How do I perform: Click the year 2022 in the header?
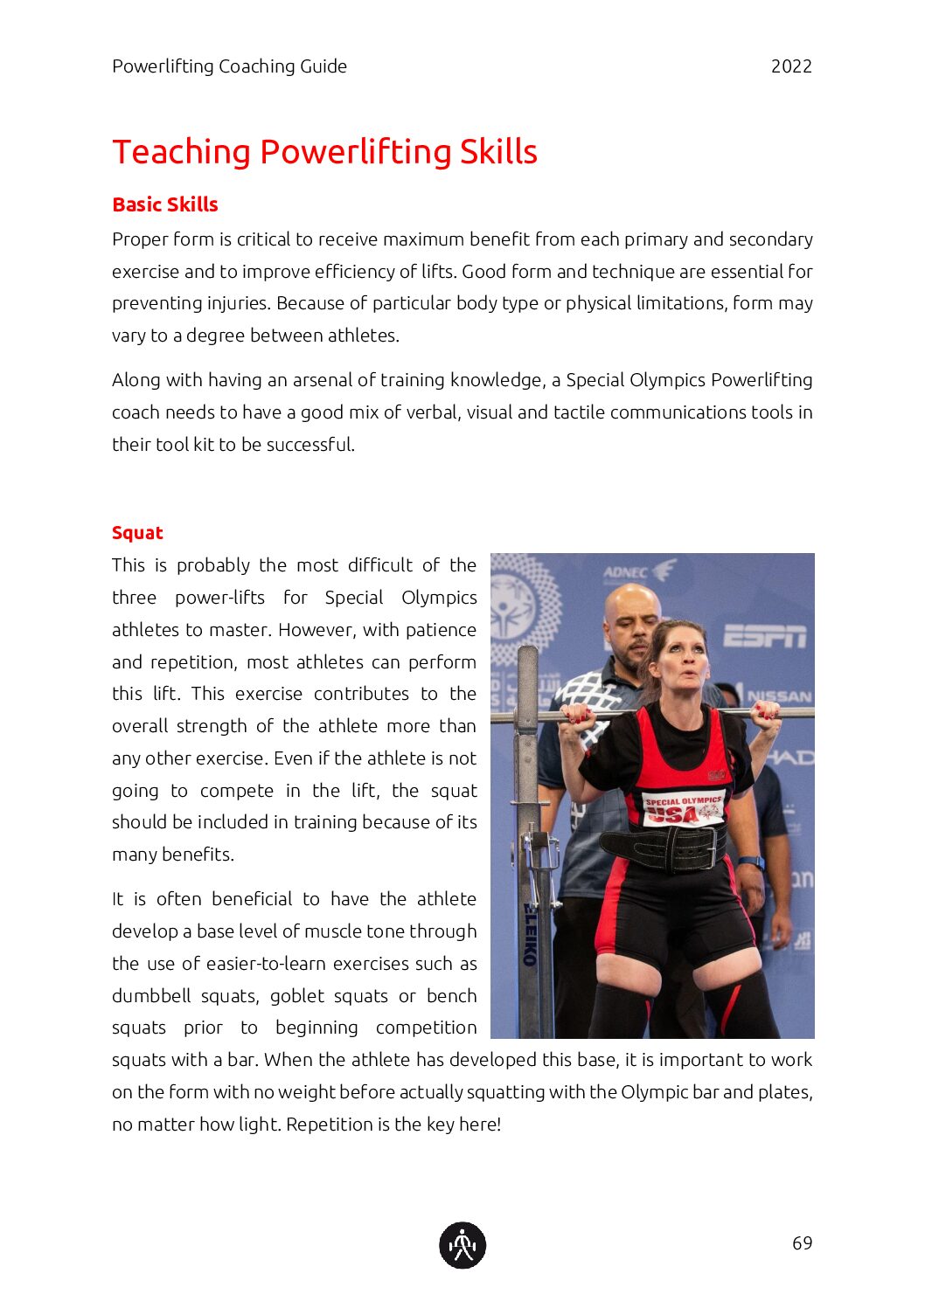coord(791,66)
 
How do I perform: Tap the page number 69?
coord(802,1242)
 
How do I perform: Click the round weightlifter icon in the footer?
coord(462,1245)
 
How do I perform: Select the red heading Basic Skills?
coord(165,204)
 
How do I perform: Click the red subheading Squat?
coord(137,533)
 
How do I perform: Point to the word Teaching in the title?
coord(181,152)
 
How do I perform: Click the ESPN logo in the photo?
coord(764,636)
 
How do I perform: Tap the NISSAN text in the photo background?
coord(779,696)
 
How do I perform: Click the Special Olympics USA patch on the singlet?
coord(684,808)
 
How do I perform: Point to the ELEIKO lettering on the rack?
coord(529,934)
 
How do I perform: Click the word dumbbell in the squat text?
coord(151,996)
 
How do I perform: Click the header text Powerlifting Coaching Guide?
coord(229,66)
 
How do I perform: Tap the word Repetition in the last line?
coord(330,1125)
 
